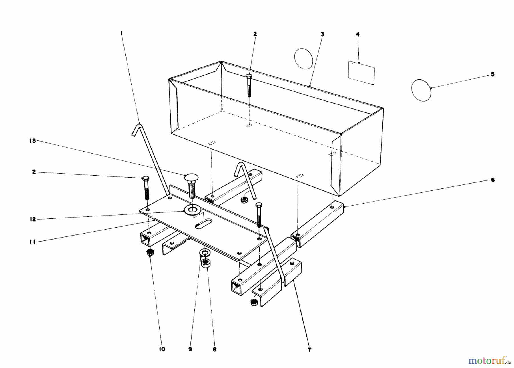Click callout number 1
122,33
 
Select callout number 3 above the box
322,34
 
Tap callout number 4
358,34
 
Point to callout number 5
493,74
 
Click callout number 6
493,180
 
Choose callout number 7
310,350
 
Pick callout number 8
215,349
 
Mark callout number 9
190,349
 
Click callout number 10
162,349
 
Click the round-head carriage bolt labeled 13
191,186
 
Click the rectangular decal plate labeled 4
361,73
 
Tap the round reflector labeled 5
421,90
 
